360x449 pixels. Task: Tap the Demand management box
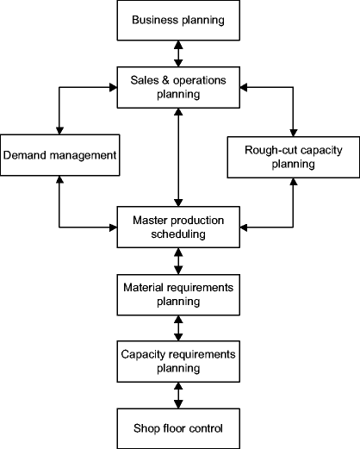[x=58, y=156]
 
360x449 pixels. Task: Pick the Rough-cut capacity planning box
[x=293, y=155]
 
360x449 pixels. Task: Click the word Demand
[x=26, y=156]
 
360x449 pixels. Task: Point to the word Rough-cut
[x=270, y=148]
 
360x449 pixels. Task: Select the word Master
[x=150, y=220]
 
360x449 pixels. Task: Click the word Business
[x=155, y=20]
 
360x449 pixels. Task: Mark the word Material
[x=143, y=287]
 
